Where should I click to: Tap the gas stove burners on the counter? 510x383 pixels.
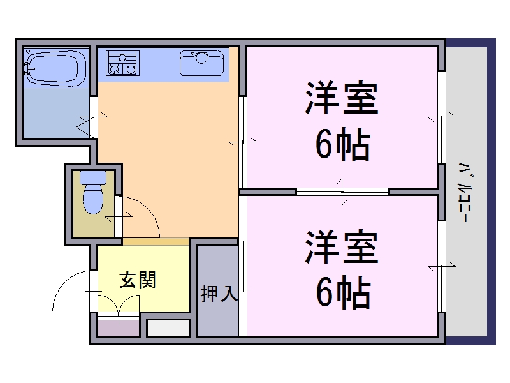122,63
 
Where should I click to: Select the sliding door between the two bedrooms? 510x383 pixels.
342,191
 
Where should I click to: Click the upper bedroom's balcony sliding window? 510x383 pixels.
441,117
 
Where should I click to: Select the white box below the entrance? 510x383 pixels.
168,328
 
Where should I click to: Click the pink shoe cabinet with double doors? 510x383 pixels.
119,326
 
